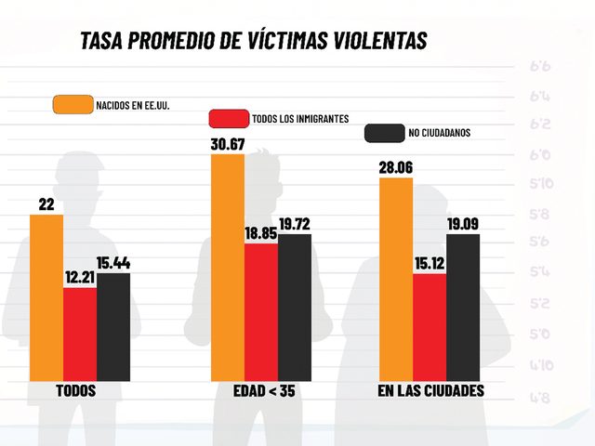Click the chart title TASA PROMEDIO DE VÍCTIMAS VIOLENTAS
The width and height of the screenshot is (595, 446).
253,42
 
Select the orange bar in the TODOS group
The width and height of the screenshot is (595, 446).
46,297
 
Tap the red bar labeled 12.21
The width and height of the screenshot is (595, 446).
80,334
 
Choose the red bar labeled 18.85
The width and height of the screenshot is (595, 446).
261,311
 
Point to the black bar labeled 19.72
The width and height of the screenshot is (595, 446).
295,308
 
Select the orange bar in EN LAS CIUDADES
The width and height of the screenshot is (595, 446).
397,279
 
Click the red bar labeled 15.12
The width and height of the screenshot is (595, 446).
430,327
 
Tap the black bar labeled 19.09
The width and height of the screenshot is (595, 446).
463,308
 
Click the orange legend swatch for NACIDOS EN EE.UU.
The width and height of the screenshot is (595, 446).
73,104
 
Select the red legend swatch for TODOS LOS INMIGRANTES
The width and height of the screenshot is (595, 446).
228,118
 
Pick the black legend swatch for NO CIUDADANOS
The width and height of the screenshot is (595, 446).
383,133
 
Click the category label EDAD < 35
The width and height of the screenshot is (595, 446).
263,391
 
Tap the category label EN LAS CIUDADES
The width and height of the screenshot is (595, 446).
430,391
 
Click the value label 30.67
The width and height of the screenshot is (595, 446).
229,144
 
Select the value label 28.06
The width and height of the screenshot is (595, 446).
398,167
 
